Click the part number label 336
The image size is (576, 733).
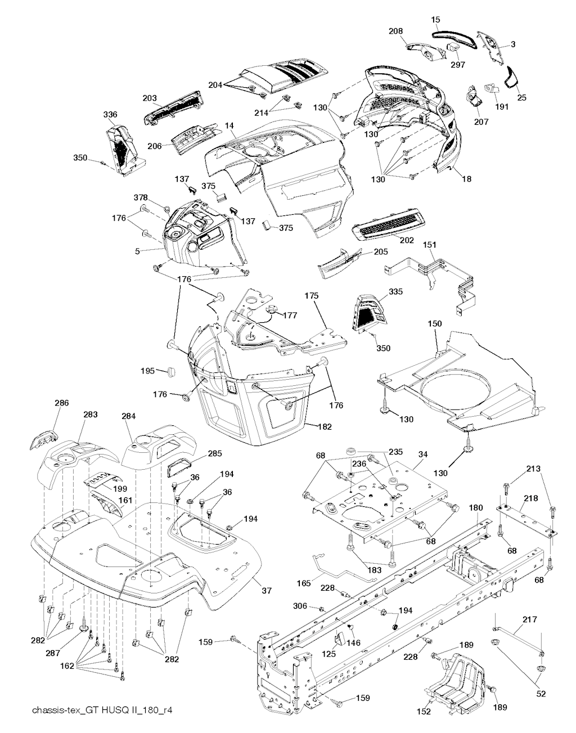point(110,115)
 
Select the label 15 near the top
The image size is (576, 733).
point(436,20)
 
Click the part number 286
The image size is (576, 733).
point(62,403)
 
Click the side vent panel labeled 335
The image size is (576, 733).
point(368,311)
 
